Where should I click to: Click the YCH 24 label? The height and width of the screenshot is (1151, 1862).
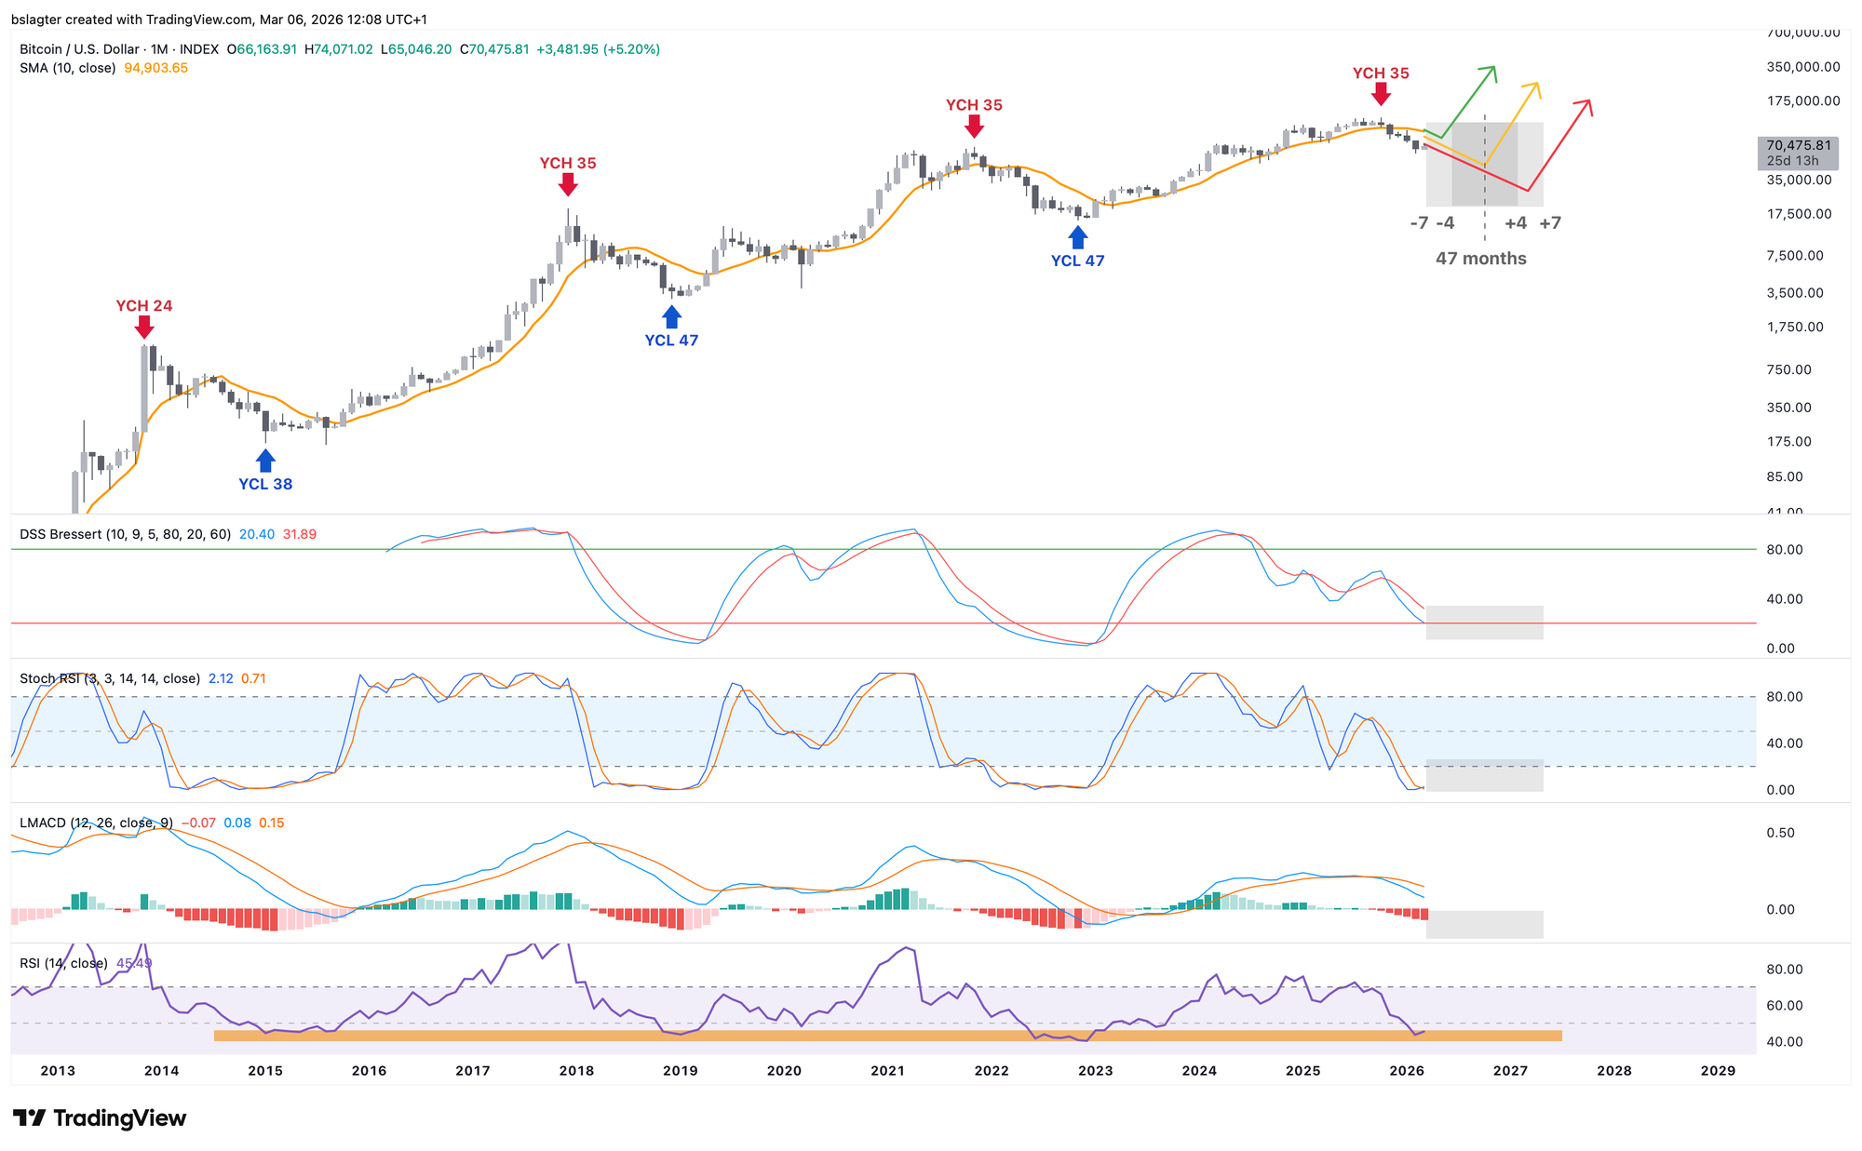[143, 306]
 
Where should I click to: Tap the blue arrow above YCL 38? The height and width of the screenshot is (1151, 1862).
[265, 460]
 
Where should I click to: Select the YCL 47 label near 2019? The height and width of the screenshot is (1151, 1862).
[671, 341]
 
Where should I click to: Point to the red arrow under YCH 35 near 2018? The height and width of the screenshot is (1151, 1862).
[568, 184]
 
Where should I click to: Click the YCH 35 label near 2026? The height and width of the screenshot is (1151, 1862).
[1381, 74]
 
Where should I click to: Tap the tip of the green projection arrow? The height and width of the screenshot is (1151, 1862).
[1493, 68]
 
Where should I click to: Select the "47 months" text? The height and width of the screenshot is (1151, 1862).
[1480, 259]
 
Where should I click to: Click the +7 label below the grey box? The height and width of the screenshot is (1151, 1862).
[1550, 223]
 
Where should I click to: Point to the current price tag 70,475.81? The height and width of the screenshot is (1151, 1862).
[1798, 146]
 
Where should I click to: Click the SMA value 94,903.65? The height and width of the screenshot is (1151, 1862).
[155, 68]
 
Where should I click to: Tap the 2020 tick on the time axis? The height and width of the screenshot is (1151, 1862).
[784, 1071]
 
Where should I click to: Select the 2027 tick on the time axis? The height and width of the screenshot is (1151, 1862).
[1510, 1071]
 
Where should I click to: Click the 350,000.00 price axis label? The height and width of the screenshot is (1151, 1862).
[1802, 67]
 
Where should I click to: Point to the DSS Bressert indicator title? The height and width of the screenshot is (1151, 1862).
[125, 534]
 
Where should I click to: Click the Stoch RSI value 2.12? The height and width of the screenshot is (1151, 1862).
[221, 678]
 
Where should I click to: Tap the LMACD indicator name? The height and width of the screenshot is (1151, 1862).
[43, 823]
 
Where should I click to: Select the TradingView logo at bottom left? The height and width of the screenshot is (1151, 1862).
[100, 1118]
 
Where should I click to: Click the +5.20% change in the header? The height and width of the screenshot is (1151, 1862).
[632, 49]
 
